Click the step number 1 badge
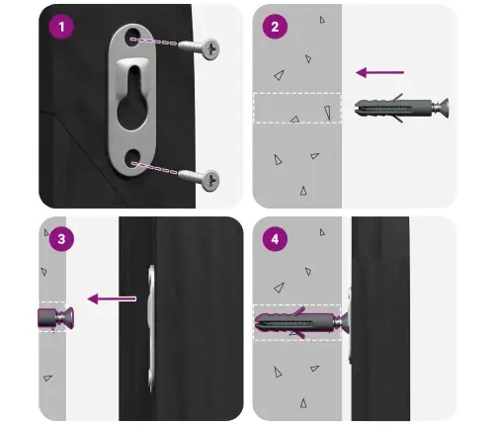pos(61,27)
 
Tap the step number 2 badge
pos(275,27)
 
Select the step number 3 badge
pos(61,239)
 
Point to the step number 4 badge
pos(275,239)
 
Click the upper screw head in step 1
pos(210,49)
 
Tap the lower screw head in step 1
pos(210,180)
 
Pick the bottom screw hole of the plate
pos(133,158)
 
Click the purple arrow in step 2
pos(380,72)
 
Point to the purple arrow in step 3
pos(112,298)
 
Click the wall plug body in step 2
pos(393,108)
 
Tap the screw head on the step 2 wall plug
pos(443,107)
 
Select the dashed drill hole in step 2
pos(297,109)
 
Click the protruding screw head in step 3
pos(67,317)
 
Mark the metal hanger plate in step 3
pos(151,328)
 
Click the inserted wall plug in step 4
pos(294,322)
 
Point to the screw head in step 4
pos(344,321)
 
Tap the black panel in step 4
pos(380,318)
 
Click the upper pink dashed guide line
pos(154,42)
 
